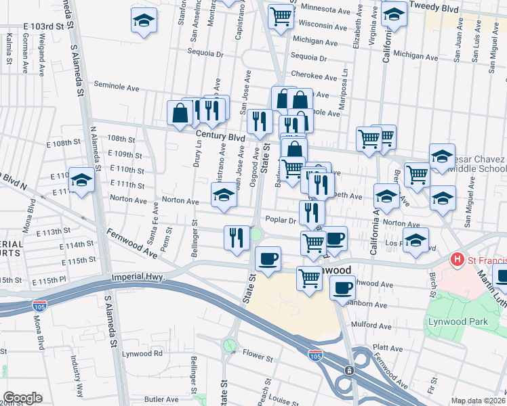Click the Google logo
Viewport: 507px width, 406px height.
[22, 398]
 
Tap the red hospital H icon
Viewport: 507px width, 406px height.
[458, 260]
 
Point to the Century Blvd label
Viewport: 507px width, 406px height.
[220, 137]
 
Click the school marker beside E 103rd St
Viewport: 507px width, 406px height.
[144, 20]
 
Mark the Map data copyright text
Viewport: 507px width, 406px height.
[478, 401]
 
